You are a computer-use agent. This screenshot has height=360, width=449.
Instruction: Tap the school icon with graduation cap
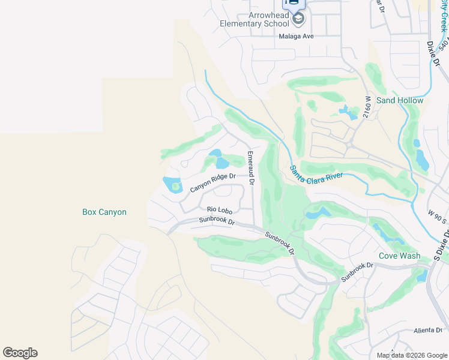click(298, 19)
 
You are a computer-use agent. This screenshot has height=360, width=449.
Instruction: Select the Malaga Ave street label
click(296, 36)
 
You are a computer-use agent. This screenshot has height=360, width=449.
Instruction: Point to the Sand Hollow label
click(399, 100)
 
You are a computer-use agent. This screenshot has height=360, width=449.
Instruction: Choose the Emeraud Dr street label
click(251, 168)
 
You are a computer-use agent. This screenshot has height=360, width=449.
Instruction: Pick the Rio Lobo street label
click(219, 209)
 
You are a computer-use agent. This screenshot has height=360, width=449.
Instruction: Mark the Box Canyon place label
click(104, 212)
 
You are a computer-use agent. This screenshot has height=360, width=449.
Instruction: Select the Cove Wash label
click(399, 256)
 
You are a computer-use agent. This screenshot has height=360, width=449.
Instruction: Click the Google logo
click(20, 353)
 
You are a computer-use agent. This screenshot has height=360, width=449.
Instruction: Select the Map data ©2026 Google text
click(412, 355)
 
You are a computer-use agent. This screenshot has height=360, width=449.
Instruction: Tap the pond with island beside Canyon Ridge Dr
click(172, 185)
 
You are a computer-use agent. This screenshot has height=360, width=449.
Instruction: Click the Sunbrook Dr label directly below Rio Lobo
click(217, 221)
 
